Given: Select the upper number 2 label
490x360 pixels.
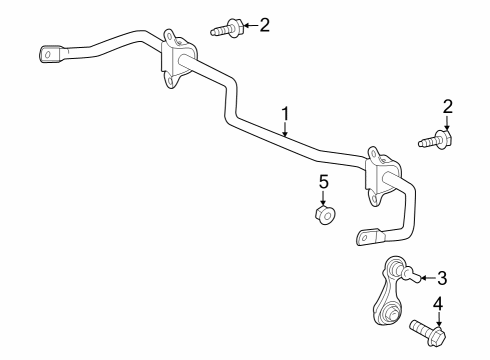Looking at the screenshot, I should tap(264, 24).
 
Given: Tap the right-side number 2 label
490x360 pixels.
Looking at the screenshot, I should tap(448, 106).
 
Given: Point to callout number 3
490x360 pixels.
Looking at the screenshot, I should tap(440, 279).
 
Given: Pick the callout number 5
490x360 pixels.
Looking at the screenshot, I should tap(323, 181).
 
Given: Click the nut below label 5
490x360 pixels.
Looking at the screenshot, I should tap(324, 214).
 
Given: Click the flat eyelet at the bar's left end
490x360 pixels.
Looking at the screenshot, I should tap(51, 53).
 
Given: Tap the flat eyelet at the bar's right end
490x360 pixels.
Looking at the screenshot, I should tap(369, 236).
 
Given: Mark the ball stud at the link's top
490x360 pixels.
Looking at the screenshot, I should tap(396, 269).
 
